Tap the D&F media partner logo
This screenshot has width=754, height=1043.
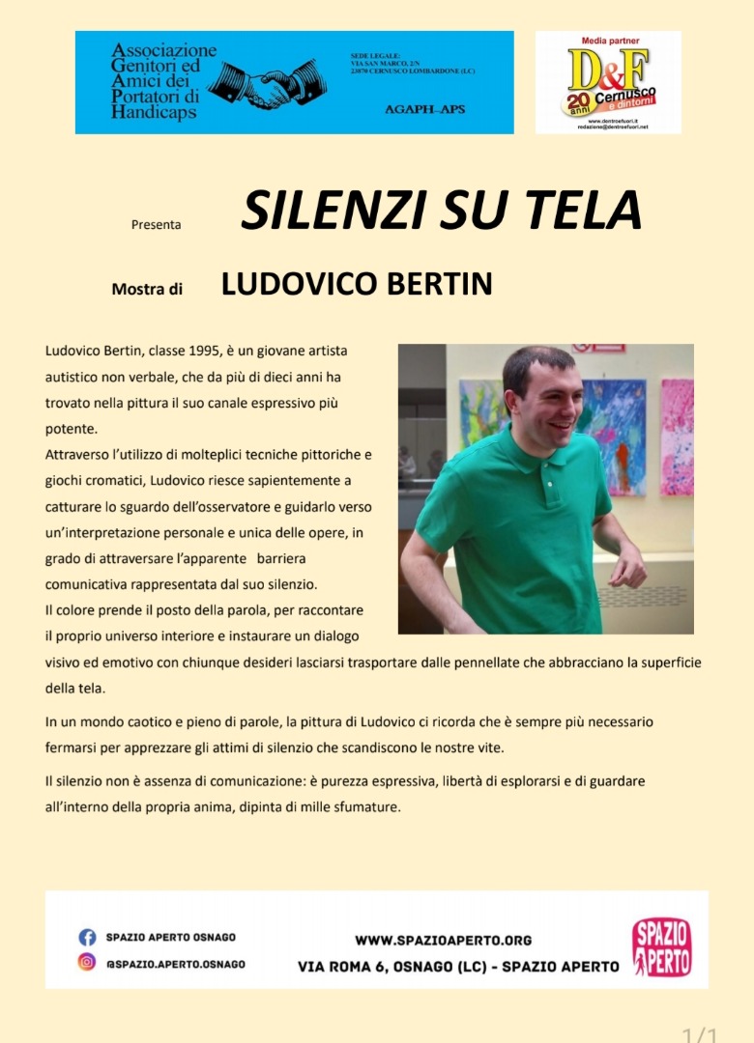[x=608, y=82]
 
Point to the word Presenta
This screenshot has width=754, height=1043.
[x=156, y=225]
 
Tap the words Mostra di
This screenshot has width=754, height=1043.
[x=147, y=288]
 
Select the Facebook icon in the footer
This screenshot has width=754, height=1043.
[x=87, y=937]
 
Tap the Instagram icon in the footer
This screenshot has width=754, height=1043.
[x=87, y=963]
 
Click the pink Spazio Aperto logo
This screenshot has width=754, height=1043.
[x=661, y=946]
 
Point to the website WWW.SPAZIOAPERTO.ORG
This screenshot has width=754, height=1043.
[x=443, y=940]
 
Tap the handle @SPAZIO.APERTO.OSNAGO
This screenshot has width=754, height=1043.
[x=175, y=964]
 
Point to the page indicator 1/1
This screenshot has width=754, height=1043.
[x=700, y=1035]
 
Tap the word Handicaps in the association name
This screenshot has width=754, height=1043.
[x=154, y=112]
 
